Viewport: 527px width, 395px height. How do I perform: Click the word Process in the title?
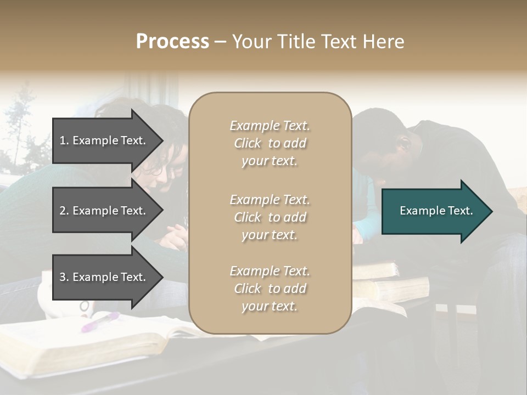tap(172, 42)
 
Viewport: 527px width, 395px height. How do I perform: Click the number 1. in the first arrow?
tap(64, 140)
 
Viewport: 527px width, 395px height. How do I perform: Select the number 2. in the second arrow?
tap(64, 211)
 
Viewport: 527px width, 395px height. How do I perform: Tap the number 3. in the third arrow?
tap(64, 277)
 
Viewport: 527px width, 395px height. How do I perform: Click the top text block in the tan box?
tap(270, 143)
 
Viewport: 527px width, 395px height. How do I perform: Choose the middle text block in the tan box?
tap(270, 217)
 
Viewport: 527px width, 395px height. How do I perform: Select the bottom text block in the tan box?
tap(270, 289)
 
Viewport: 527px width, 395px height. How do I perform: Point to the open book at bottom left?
tap(82, 340)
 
